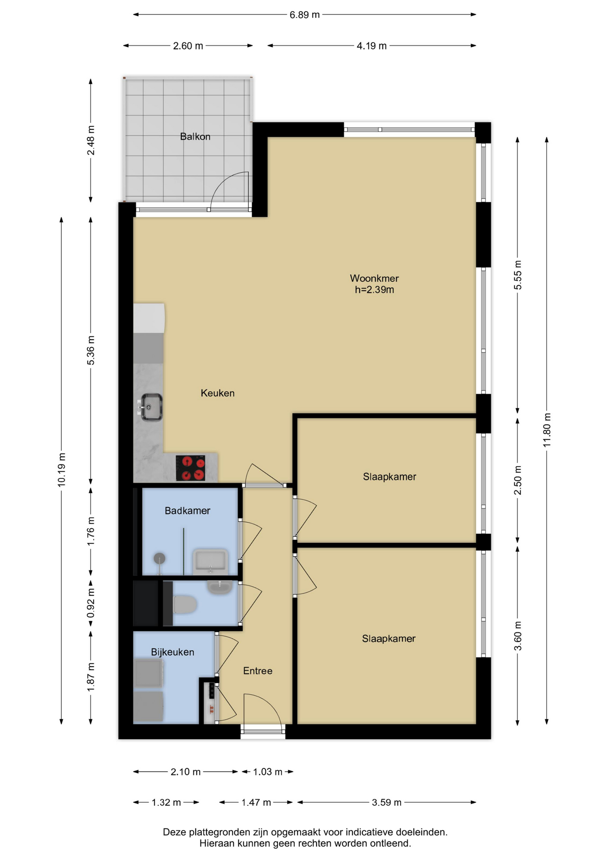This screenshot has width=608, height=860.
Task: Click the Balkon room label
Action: tap(195, 136)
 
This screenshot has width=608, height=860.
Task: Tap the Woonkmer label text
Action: tap(374, 278)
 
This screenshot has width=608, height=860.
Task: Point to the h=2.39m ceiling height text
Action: tap(374, 290)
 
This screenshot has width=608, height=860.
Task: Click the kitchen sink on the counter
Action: tap(151, 407)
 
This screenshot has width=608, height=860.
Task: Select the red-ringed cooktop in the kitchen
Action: tap(190, 468)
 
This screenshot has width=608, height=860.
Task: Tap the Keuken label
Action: tap(218, 393)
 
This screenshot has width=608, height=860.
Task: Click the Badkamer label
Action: tap(187, 511)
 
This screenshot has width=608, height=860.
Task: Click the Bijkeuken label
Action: tap(172, 652)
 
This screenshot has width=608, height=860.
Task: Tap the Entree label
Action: tap(257, 671)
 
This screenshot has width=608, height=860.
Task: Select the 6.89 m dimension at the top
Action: tap(304, 15)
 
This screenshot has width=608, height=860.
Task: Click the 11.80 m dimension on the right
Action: tap(547, 430)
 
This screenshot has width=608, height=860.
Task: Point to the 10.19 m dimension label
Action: tap(62, 469)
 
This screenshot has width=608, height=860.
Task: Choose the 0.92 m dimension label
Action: tap(91, 602)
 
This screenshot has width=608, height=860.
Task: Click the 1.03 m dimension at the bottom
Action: tap(268, 772)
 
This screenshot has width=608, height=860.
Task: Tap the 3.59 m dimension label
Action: tap(386, 802)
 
